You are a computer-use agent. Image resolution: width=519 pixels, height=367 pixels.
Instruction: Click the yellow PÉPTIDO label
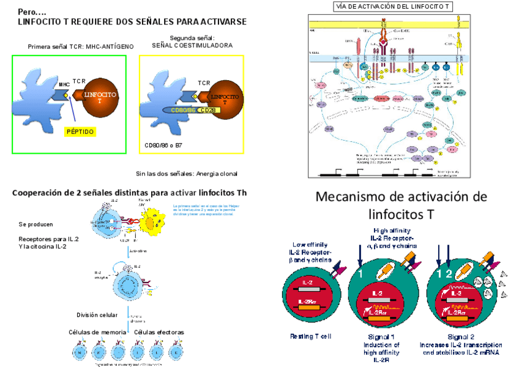coord(80,130)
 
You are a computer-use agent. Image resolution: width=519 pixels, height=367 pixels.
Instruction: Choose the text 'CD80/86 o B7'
coord(163,146)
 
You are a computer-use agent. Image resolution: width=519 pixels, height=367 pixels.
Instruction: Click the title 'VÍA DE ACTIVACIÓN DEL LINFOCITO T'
coord(393,7)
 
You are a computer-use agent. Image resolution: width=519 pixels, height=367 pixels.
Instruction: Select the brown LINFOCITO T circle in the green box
coord(100,97)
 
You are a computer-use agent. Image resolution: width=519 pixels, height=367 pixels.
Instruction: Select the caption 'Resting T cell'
coord(311,336)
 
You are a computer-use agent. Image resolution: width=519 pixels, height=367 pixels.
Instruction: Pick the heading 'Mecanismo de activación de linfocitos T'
coord(401,206)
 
